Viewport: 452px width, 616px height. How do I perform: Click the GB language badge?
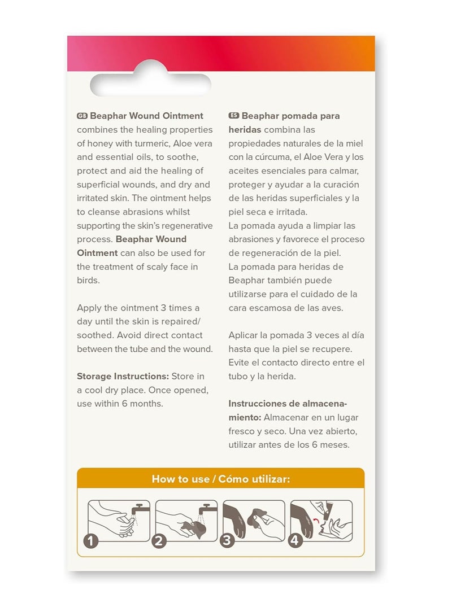(82, 116)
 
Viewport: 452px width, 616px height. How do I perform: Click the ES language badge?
(234, 116)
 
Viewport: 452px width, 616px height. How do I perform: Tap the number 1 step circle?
(91, 541)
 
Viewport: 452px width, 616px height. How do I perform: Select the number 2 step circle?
(159, 541)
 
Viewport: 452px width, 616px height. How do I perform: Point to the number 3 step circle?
(227, 541)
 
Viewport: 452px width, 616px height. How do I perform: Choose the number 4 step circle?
(294, 541)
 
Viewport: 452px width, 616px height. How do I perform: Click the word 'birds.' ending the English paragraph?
(88, 280)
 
